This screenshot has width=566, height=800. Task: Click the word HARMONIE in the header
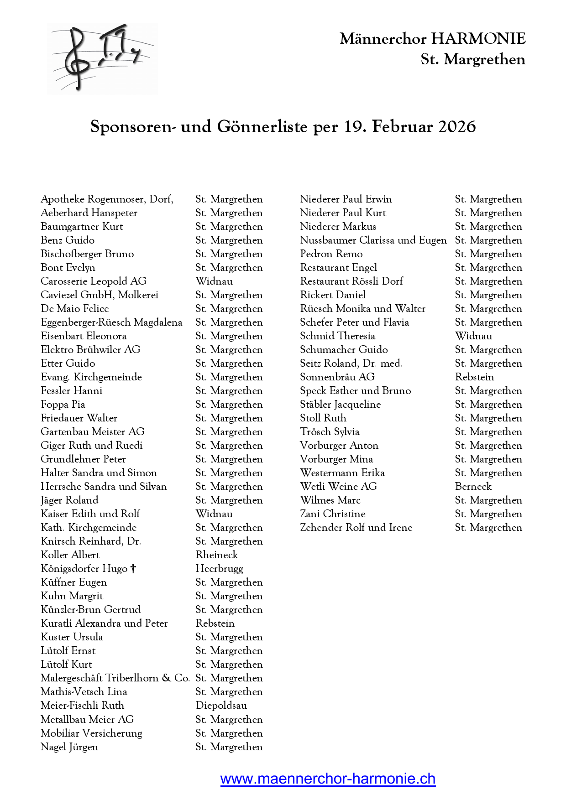click(x=478, y=39)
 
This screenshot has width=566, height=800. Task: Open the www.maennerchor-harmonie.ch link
click(x=328, y=779)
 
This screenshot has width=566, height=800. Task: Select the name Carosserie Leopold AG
click(x=94, y=281)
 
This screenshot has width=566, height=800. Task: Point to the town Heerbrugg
click(x=219, y=569)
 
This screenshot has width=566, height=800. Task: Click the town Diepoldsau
click(x=221, y=706)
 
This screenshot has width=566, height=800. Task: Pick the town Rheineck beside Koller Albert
click(x=217, y=555)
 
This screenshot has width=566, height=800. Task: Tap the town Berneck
click(x=473, y=487)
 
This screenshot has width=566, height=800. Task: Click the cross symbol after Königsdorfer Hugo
click(x=133, y=569)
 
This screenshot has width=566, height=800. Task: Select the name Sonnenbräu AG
click(x=337, y=377)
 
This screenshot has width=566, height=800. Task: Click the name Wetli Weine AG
click(x=339, y=487)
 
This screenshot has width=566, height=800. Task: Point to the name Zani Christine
click(x=333, y=514)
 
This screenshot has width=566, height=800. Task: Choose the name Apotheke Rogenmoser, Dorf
click(x=107, y=199)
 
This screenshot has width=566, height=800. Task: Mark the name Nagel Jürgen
click(x=69, y=747)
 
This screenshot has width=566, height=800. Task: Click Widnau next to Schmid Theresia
click(x=474, y=336)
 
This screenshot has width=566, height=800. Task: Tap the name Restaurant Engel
click(x=339, y=268)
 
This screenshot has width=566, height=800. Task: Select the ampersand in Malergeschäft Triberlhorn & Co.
click(x=167, y=678)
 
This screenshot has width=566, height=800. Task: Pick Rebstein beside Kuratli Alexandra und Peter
click(x=215, y=623)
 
